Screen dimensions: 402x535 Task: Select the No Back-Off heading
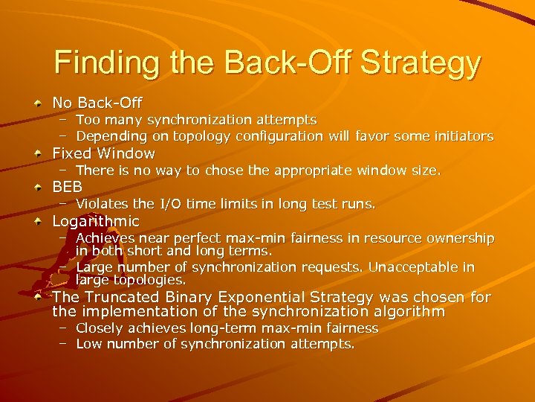(x=97, y=102)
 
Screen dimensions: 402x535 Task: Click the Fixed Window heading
(x=103, y=153)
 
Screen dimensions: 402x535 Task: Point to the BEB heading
(x=67, y=187)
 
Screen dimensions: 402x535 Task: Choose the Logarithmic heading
(x=95, y=221)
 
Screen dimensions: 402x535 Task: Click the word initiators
(x=463, y=136)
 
